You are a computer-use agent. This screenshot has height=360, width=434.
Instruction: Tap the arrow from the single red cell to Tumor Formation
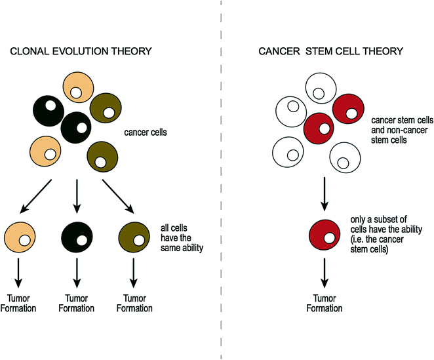[325, 271]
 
